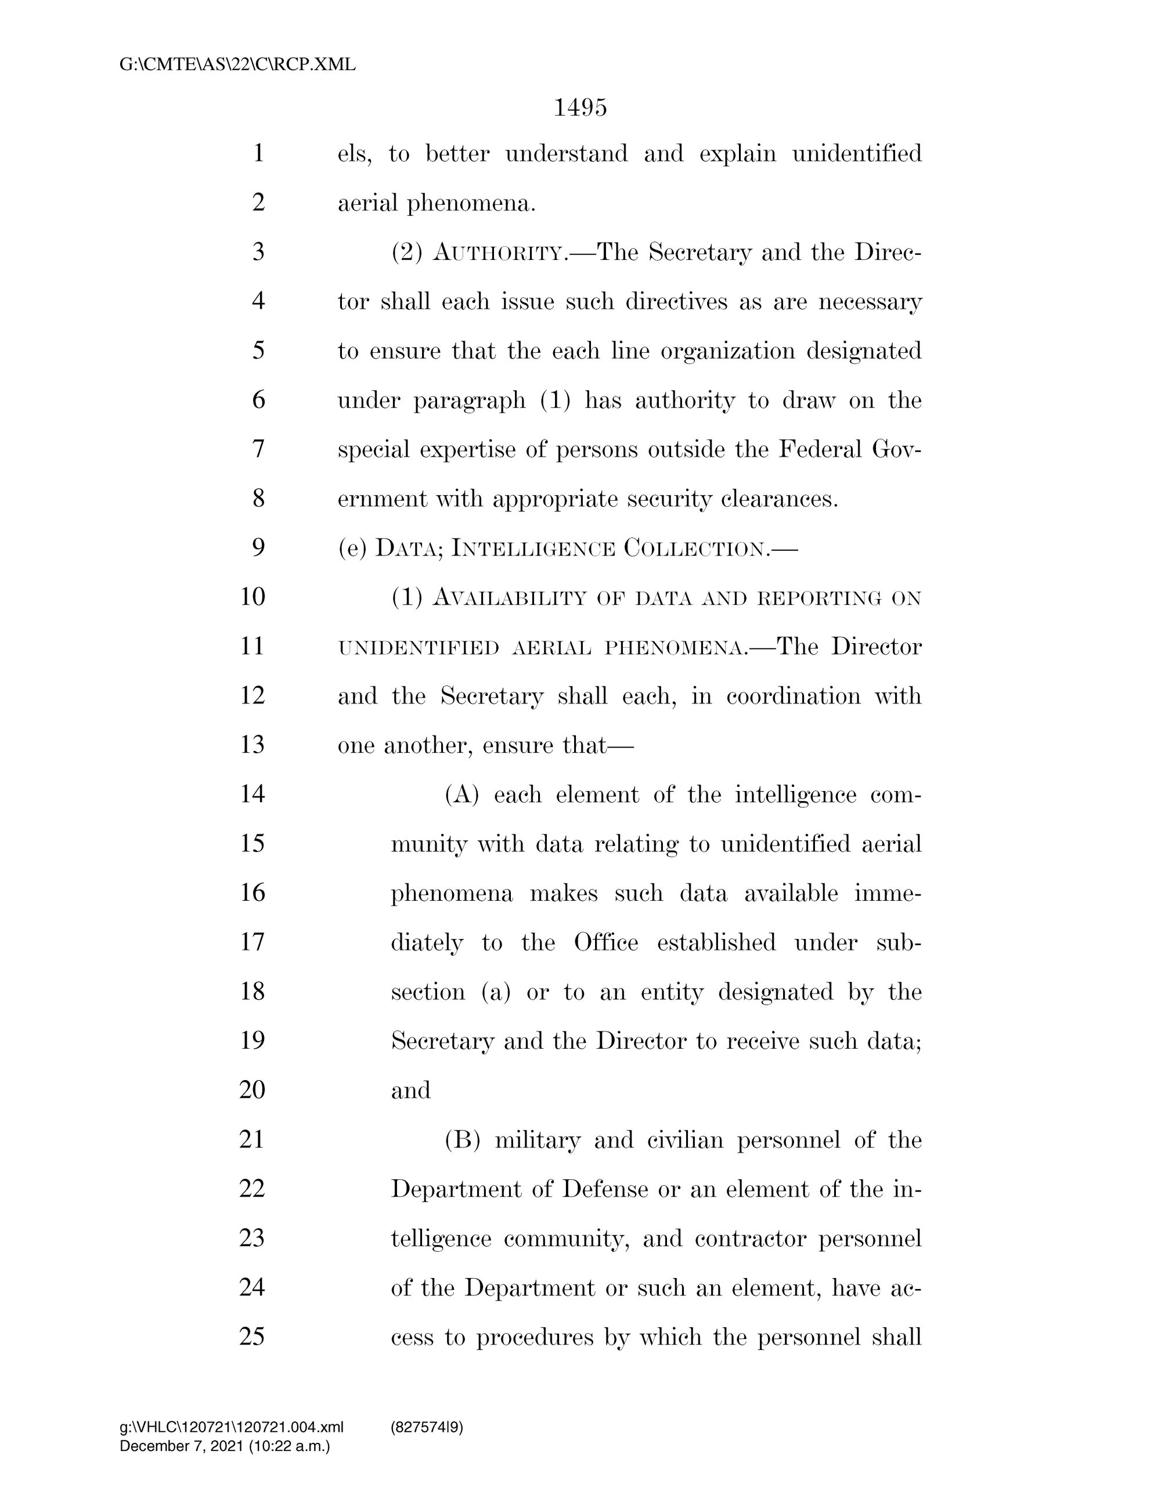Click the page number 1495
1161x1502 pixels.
pos(580,108)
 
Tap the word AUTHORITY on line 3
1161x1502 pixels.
pos(498,254)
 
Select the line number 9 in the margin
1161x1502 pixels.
pos(258,547)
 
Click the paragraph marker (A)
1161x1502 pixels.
pos(461,795)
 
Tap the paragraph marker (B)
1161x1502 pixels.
pos(461,1140)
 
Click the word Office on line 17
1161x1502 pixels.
pos(605,942)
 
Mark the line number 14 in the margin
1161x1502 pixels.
pos(252,795)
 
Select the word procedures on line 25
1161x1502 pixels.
pos(535,1338)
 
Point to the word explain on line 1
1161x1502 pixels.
pos(737,153)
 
